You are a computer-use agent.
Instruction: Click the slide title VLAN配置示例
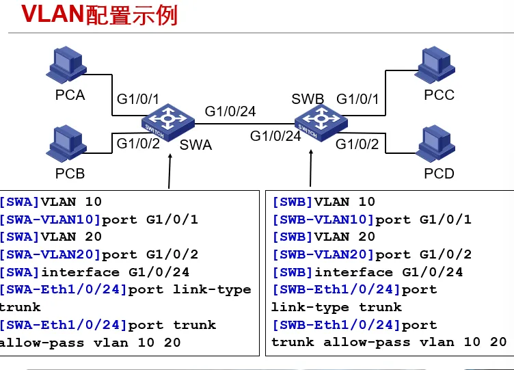100,14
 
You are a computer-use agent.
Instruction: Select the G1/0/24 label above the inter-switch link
230,111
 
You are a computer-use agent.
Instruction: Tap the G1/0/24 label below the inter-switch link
275,135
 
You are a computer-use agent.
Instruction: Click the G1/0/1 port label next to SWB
357,99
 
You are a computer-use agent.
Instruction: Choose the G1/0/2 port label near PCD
357,144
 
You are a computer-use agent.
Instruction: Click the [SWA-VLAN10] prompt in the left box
50,220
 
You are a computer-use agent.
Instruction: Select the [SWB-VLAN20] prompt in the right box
323,254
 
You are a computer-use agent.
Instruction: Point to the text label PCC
439,95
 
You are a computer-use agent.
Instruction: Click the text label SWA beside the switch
195,145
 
